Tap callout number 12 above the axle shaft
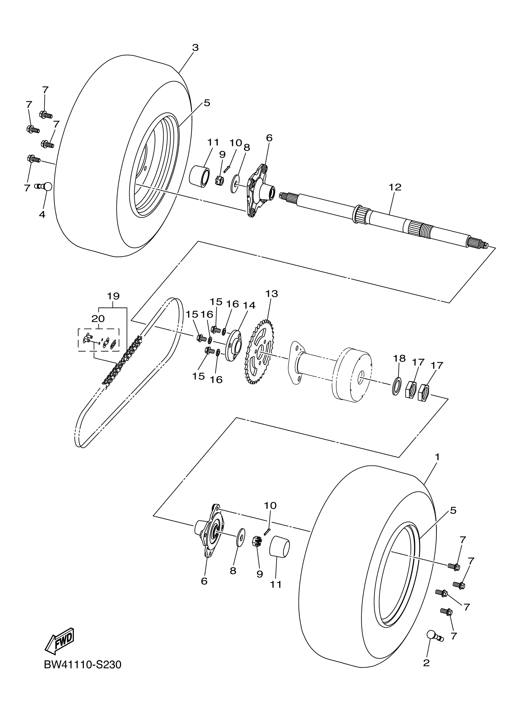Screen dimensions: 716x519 pyautogui.click(x=395, y=187)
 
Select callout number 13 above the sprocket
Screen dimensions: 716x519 pyautogui.click(x=271, y=293)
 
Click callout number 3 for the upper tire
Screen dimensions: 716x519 pyautogui.click(x=195, y=48)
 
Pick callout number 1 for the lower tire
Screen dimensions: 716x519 pyautogui.click(x=437, y=457)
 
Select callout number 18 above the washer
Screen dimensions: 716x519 pyautogui.click(x=399, y=359)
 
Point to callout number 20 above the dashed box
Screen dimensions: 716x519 pyautogui.click(x=98, y=318)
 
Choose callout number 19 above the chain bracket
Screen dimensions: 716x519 pyautogui.click(x=113, y=296)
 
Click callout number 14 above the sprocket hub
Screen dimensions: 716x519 pyautogui.click(x=249, y=305)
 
